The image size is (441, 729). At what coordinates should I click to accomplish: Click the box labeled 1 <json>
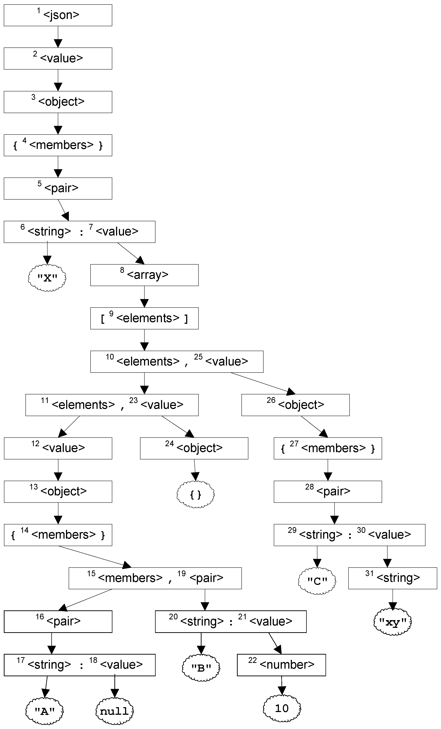tap(58, 15)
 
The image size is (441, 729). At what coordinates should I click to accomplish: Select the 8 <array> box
tap(144, 275)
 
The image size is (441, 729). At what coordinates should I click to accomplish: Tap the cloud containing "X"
tap(47, 278)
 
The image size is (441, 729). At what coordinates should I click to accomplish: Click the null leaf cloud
tap(115, 711)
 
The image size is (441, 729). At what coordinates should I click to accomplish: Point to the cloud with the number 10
tap(282, 708)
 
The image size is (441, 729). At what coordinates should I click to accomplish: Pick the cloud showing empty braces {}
tap(196, 494)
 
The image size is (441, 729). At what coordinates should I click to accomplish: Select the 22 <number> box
tap(281, 665)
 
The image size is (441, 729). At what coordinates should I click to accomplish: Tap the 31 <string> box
tap(392, 578)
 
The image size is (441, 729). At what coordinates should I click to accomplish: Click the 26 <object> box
tap(295, 405)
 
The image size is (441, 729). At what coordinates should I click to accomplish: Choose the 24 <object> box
tap(194, 448)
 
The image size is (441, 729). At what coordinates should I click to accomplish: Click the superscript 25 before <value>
tap(198, 357)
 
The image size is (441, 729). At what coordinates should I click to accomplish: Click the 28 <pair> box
tap(327, 491)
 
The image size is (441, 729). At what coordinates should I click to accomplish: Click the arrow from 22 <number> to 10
tap(282, 685)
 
